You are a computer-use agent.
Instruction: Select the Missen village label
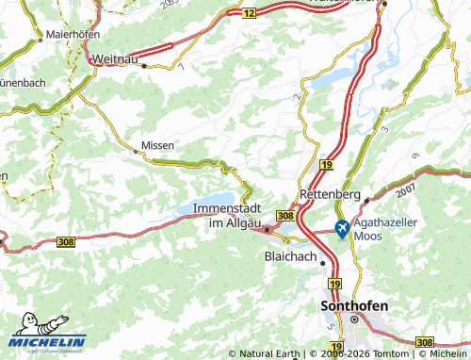pos(156,146)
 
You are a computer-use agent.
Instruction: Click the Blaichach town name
pos(293,255)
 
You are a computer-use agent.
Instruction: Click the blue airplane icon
pos(340,226)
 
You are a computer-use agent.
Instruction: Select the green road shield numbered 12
pos(248,13)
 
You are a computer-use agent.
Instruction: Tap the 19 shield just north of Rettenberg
pos(325,164)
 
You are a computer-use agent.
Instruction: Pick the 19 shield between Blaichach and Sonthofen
pos(334,282)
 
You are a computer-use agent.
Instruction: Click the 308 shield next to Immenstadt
pos(286,216)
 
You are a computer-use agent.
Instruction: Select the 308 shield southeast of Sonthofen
pos(425,341)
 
